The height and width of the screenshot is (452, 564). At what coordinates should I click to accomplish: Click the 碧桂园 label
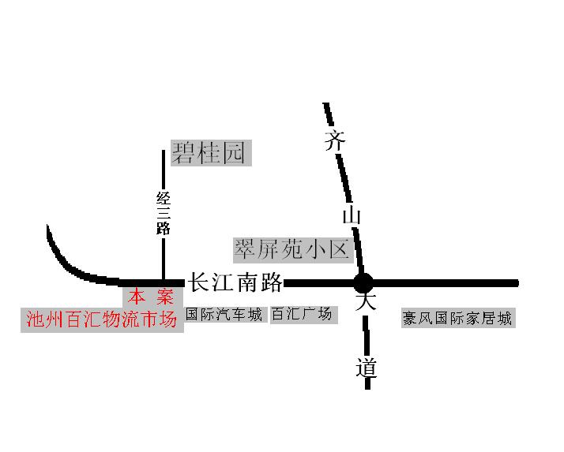[211, 153]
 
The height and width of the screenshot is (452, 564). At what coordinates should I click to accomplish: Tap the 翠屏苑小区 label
[291, 250]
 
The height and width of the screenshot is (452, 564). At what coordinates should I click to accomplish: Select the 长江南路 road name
[234, 282]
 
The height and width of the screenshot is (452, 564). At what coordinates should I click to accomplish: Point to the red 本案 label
[152, 297]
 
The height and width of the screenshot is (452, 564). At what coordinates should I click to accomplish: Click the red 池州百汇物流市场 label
[102, 319]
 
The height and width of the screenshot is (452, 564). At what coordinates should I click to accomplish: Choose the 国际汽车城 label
[224, 315]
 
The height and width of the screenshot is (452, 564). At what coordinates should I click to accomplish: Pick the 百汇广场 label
[302, 315]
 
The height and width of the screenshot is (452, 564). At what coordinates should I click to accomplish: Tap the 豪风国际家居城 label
[457, 319]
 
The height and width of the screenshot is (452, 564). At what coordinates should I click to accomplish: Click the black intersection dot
[363, 282]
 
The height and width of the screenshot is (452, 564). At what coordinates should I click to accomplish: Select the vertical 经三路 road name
[164, 213]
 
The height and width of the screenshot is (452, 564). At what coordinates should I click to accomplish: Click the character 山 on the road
[352, 215]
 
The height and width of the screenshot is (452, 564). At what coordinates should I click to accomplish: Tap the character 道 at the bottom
[366, 368]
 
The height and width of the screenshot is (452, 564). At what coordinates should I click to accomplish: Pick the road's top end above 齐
[326, 106]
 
